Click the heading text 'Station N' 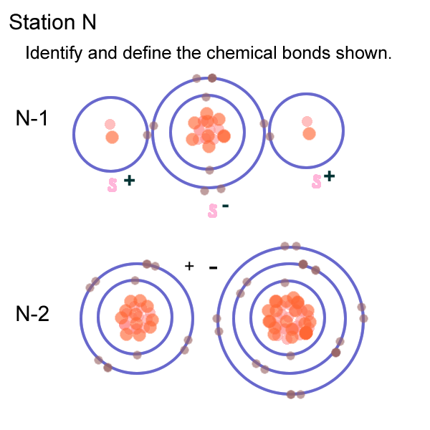[x=52, y=23]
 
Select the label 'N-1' [x=32, y=118]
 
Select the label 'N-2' [x=32, y=313]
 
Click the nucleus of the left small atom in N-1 [x=110, y=130]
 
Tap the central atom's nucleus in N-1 [x=208, y=129]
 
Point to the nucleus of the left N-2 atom [x=136, y=317]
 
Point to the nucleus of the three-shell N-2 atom [x=290, y=317]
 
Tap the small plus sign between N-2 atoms [x=189, y=266]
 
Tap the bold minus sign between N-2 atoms [x=213, y=267]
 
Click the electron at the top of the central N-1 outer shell [x=212, y=77]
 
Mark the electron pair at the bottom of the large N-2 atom [x=295, y=394]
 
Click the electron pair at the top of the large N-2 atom [x=290, y=246]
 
